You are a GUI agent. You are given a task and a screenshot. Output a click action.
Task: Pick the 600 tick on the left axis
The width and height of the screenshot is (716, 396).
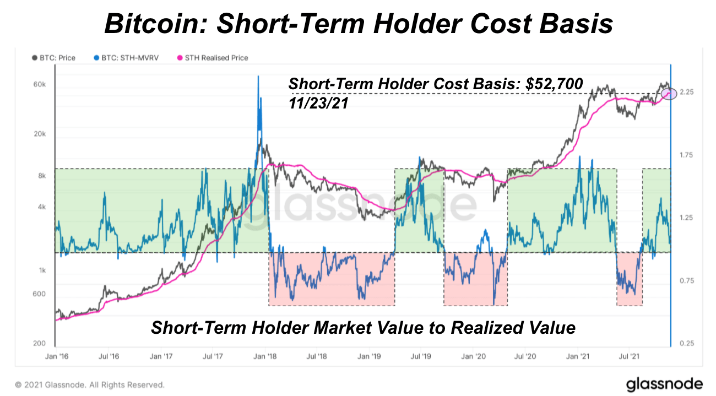point(39,294)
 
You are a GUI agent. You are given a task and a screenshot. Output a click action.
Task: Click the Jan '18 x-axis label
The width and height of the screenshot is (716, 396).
point(266,356)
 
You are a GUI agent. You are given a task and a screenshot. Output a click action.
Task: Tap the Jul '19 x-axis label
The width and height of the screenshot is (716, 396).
point(421,356)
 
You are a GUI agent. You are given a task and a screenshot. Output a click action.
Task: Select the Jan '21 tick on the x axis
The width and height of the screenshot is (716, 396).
point(579,356)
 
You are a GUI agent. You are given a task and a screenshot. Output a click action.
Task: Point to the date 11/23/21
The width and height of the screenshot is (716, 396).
point(318,102)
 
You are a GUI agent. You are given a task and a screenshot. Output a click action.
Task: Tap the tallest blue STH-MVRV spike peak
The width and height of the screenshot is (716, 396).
point(258,76)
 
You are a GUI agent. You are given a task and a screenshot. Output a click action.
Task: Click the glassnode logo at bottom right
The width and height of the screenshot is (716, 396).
point(664,383)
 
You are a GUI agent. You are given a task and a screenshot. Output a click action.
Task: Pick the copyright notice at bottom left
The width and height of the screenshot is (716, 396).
point(89,384)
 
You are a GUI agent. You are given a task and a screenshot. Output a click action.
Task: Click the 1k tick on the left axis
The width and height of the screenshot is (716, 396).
point(41,270)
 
